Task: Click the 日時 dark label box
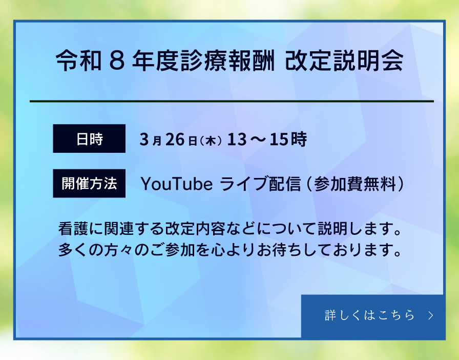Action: [x=89, y=139]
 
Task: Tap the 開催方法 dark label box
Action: [x=89, y=184]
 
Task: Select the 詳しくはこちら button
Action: [x=372, y=315]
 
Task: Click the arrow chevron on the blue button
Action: [x=431, y=315]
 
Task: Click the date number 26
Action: [x=175, y=139]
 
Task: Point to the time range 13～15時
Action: [x=267, y=139]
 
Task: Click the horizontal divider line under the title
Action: [x=232, y=102]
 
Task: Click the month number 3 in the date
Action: [x=143, y=139]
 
